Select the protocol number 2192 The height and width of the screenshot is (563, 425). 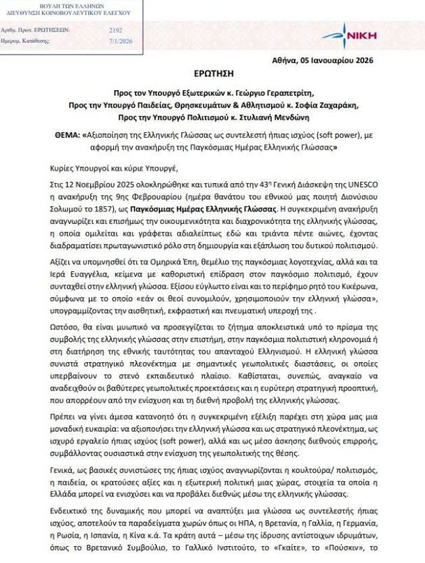[x=116, y=31]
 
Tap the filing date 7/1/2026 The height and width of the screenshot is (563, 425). [x=116, y=41]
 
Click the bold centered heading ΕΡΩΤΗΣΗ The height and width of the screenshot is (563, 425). [x=213, y=73]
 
